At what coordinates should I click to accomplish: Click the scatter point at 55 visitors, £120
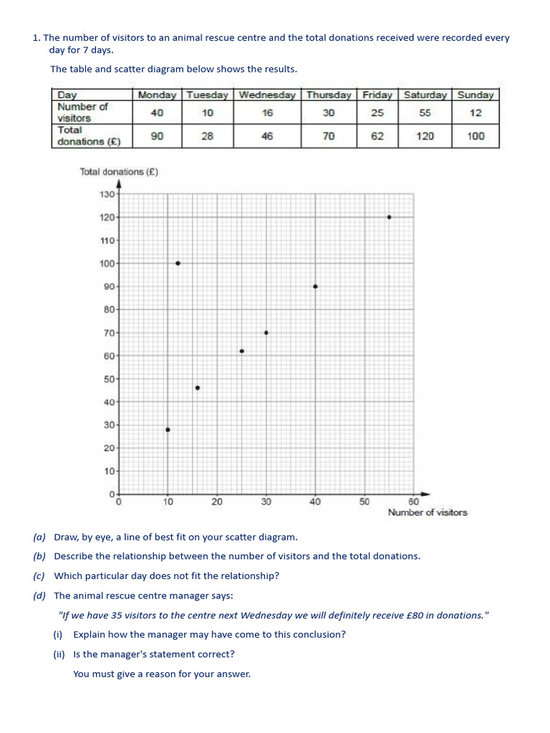(x=389, y=217)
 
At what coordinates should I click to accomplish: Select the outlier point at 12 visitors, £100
(x=178, y=263)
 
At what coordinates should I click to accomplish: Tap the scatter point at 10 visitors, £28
(x=168, y=429)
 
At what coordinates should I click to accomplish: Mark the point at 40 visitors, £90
(x=315, y=286)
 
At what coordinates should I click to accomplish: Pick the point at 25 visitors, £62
(x=241, y=351)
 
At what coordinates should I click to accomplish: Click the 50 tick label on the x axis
(x=364, y=503)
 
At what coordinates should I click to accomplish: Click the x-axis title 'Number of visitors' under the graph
(x=427, y=513)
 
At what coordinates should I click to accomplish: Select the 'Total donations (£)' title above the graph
(x=119, y=172)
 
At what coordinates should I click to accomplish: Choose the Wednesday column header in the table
(x=266, y=94)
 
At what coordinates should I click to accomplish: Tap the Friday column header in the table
(x=377, y=94)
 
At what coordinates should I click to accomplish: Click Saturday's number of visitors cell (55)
(x=425, y=112)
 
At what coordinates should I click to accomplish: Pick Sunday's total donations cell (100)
(x=476, y=136)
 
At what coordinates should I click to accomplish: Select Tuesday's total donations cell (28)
(x=206, y=136)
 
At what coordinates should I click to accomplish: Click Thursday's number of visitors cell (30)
(x=329, y=112)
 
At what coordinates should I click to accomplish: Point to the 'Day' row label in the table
(x=67, y=94)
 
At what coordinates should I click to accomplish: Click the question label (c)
(x=39, y=576)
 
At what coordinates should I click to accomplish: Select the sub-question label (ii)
(x=59, y=654)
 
